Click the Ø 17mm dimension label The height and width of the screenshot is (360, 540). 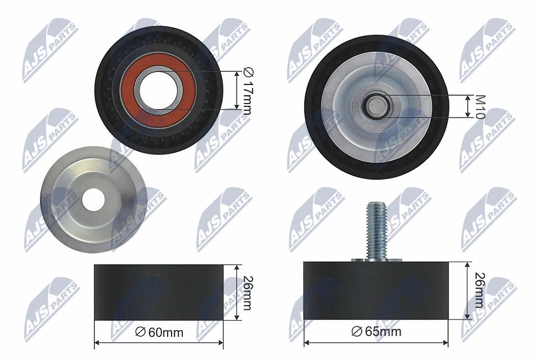246,90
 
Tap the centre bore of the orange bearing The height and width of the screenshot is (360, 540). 159,89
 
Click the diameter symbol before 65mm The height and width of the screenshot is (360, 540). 355,331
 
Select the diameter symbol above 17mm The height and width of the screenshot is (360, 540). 246,71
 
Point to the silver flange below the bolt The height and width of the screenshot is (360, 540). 376,260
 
